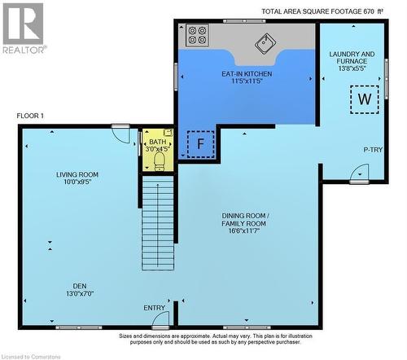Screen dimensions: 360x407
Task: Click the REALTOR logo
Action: pyautogui.click(x=23, y=27)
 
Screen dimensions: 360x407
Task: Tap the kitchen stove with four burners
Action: pyautogui.click(x=198, y=35)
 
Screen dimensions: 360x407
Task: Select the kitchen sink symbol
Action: pyautogui.click(x=266, y=43)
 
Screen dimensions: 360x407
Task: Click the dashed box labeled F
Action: pyautogui.click(x=199, y=143)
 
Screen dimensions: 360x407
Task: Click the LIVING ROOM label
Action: pyautogui.click(x=77, y=174)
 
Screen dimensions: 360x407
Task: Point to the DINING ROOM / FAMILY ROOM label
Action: pyautogui.click(x=245, y=219)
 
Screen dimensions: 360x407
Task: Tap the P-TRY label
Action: pyautogui.click(x=374, y=150)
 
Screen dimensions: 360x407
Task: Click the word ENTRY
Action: pyautogui.click(x=154, y=307)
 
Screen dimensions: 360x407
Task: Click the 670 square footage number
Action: pyautogui.click(x=370, y=11)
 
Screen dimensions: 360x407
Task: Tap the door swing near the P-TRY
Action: pyautogui.click(x=359, y=173)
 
